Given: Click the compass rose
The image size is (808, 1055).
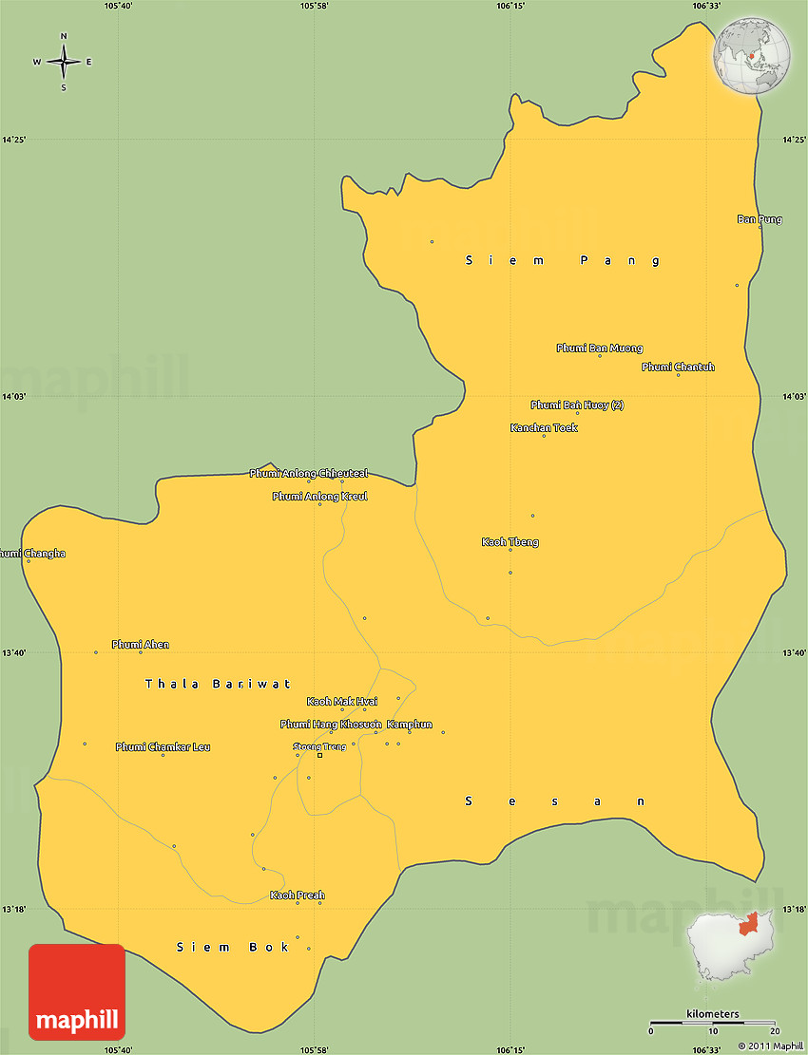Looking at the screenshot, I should [x=64, y=62].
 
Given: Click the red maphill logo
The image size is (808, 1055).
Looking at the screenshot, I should [x=77, y=992].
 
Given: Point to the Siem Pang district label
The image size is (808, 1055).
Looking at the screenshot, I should [x=563, y=260].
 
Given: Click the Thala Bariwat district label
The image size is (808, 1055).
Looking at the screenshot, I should [x=218, y=684].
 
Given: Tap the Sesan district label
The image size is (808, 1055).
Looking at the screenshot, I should [x=555, y=801].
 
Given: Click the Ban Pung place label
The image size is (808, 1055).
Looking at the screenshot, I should [x=760, y=219].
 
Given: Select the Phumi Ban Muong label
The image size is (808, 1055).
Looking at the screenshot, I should [x=599, y=349].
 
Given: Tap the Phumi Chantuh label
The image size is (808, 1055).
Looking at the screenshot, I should [x=678, y=367].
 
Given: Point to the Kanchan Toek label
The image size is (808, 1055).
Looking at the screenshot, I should [x=544, y=427].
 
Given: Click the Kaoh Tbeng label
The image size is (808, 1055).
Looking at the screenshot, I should [x=510, y=542].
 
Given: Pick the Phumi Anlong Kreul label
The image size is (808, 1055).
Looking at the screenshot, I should [x=319, y=497].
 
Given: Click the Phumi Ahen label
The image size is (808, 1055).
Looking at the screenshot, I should [x=140, y=645].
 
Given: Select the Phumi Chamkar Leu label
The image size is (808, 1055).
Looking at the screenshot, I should [x=163, y=747].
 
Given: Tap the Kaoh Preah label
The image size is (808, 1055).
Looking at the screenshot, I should [x=297, y=895].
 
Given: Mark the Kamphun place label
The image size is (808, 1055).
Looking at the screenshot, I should [x=409, y=725].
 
